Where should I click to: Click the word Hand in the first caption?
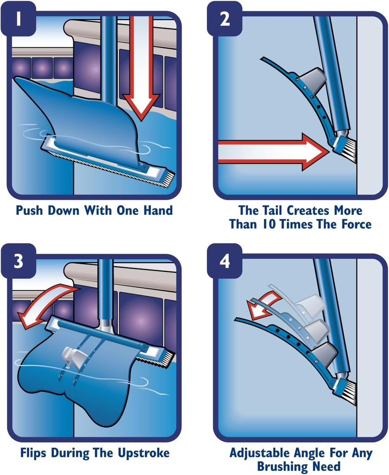pyautogui.click(x=158, y=211)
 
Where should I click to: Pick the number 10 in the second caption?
pyautogui.click(x=283, y=225)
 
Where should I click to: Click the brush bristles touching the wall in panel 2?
pyautogui.click(x=350, y=151)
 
